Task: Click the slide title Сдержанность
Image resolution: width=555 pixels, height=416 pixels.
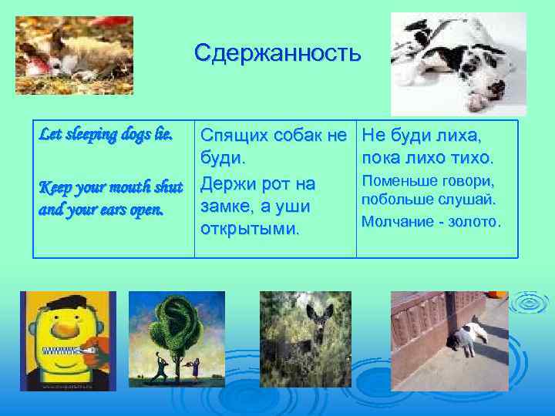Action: [277, 53]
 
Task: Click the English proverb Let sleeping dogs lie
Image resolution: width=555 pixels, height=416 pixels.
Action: [106, 134]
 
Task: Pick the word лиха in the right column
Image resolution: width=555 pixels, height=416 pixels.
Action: [458, 136]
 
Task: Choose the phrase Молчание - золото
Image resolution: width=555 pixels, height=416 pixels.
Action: [432, 222]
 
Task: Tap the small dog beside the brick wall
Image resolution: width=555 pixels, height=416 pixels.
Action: [467, 338]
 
